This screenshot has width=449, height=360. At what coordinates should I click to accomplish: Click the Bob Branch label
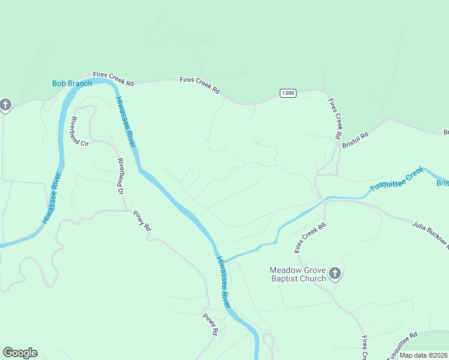coord(72,83)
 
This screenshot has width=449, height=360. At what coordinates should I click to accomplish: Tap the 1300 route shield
coord(288,92)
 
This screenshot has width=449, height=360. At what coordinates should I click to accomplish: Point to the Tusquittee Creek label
coord(396,179)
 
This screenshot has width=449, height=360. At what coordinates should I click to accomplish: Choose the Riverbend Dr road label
coord(120,176)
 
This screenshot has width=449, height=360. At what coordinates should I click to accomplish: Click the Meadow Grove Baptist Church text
coord(298,274)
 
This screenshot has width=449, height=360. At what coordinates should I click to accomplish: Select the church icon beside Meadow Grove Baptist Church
coord(335,274)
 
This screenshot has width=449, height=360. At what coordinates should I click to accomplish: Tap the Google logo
coord(20,353)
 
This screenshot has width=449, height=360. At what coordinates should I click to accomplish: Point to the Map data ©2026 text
coord(424,355)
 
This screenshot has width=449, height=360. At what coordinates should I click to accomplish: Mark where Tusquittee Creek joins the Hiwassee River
coord(221,262)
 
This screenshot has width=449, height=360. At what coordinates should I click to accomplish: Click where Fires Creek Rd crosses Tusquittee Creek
coord(324,199)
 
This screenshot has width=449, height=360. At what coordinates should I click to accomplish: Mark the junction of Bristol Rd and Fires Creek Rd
coord(337,143)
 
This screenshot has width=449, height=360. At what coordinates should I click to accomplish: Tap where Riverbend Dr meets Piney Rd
coord(127,210)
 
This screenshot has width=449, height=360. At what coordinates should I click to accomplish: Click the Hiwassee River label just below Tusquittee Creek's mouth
coord(223,282)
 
